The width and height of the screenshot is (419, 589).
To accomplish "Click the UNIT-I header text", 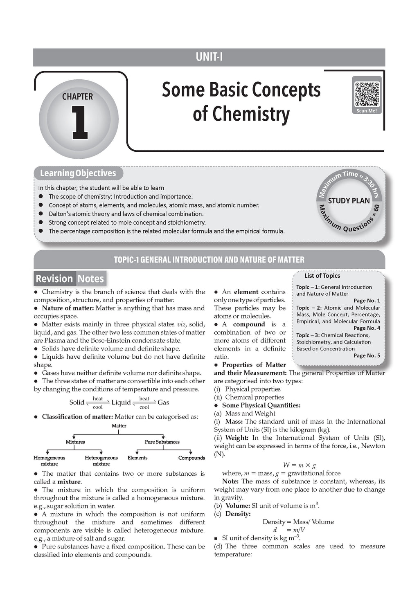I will click(209, 57).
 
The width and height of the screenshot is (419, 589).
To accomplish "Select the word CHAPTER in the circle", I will click(77, 97).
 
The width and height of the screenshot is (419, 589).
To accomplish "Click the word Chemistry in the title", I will click(241, 114).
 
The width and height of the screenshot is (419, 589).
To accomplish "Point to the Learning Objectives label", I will click(78, 173).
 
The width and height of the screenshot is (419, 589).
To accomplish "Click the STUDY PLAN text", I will click(349, 201).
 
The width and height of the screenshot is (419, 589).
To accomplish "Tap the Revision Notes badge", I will click(70, 279).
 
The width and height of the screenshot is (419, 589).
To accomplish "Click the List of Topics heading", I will click(322, 276).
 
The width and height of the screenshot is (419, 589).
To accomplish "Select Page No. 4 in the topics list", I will click(367, 328).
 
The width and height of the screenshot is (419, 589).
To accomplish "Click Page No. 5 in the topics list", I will click(367, 355).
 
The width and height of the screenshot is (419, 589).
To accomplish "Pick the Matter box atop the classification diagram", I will click(119, 426).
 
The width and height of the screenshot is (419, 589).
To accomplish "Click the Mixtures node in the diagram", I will click(75, 442).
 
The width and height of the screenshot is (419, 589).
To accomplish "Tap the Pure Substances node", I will click(162, 442).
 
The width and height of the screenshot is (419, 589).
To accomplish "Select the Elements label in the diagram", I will click(137, 458).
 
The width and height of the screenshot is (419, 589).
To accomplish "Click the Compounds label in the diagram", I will click(191, 458).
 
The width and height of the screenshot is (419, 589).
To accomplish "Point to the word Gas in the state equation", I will click(163, 402).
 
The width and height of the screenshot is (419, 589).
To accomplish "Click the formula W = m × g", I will click(299, 465).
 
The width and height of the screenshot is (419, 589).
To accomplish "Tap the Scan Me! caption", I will click(367, 110).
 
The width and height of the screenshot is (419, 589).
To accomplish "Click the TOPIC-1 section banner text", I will click(209, 260).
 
